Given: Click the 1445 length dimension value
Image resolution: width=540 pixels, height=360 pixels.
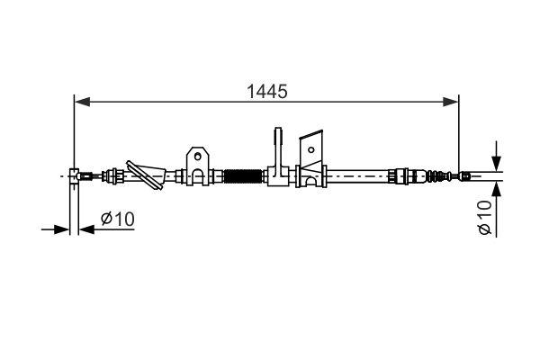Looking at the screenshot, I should [x=266, y=91].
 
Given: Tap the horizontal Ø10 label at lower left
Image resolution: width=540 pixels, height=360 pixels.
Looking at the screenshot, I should [x=117, y=219].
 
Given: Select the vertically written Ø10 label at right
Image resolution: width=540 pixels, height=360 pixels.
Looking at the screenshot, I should [x=485, y=218].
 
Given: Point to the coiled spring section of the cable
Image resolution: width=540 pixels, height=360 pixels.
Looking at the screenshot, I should [x=241, y=175].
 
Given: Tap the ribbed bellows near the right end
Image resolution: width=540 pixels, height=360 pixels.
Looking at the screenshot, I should [x=439, y=175].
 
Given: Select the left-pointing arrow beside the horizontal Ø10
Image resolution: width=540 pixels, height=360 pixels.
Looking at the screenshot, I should [x=86, y=229].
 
